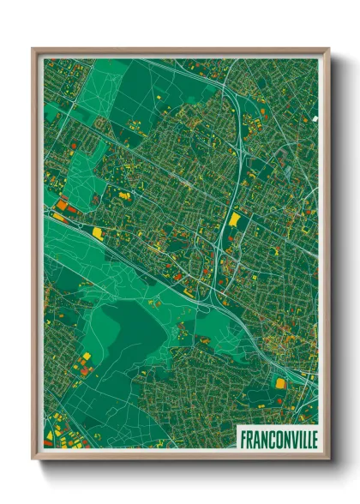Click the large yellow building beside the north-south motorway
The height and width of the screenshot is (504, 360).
pos(234,220)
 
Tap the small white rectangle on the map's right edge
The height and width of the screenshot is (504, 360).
pos(315,118)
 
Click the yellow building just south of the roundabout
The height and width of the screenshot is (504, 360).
pos(97,232)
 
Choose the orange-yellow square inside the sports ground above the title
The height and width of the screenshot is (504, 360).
pos(281,382)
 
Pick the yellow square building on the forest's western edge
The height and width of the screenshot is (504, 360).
pos(87,356)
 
